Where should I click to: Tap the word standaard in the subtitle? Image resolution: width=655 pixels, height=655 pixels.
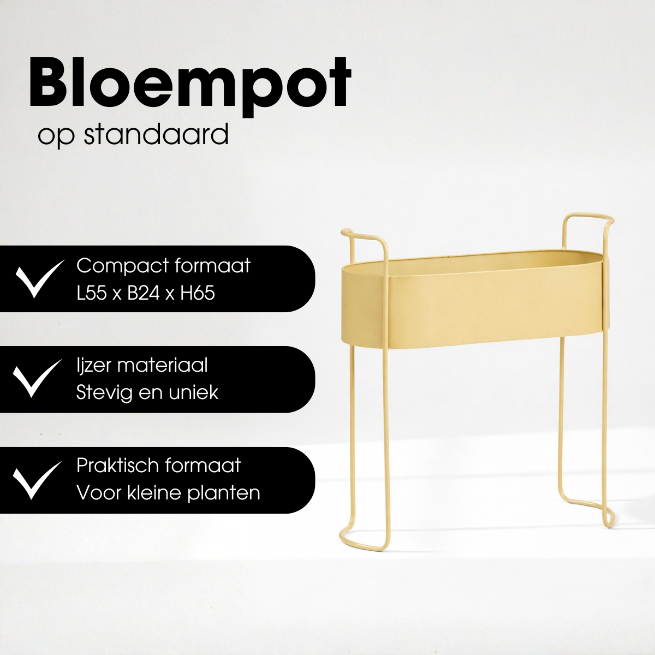click(x=156, y=134)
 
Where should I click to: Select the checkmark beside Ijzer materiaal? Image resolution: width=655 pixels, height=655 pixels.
click(x=37, y=378)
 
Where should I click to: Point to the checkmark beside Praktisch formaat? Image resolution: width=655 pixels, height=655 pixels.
click(x=37, y=479)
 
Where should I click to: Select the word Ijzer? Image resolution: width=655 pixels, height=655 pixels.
click(x=95, y=366)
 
